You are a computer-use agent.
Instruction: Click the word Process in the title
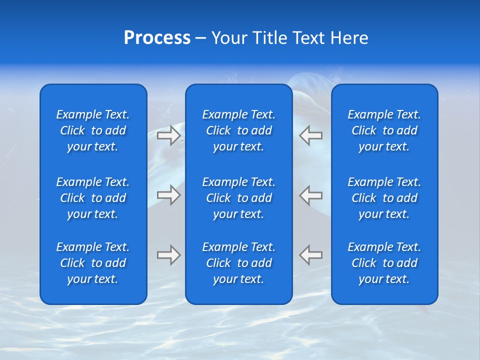(157, 38)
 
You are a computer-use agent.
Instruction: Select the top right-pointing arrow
(168, 135)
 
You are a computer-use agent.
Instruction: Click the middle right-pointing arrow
(168, 195)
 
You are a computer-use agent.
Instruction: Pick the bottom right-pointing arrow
(168, 255)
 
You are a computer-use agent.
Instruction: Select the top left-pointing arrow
(311, 135)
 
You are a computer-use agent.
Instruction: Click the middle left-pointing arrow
(311, 195)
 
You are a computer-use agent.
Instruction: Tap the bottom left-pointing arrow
(311, 255)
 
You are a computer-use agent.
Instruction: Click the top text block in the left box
(93, 130)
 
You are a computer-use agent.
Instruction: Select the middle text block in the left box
(93, 198)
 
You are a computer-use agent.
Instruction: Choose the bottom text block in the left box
(93, 263)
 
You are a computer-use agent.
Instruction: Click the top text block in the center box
(238, 130)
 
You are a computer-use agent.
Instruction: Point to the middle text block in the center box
(238, 198)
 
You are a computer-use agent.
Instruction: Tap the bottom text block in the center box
(238, 263)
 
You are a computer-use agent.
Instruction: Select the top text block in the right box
(384, 130)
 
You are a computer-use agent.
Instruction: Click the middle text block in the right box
(384, 198)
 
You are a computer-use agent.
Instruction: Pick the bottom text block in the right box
(384, 263)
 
